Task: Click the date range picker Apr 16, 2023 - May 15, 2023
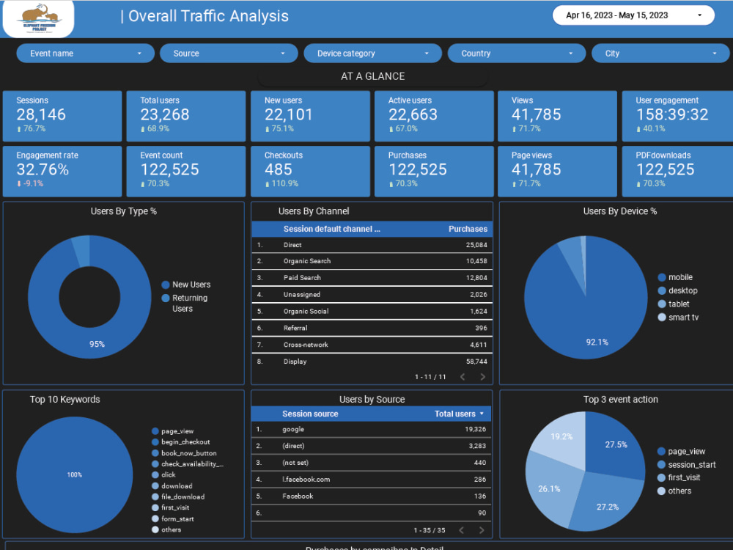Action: tap(633, 15)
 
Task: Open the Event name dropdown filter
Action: tap(85, 54)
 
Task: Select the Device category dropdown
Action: tap(372, 54)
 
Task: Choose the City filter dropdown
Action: tap(660, 54)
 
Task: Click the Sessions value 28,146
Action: tap(41, 114)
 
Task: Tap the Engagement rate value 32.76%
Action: tap(43, 169)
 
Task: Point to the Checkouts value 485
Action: tap(279, 169)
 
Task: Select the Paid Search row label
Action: tap(302, 278)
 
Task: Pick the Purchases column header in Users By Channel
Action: tap(468, 229)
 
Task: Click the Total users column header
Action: tap(455, 414)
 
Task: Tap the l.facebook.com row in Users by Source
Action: tap(306, 480)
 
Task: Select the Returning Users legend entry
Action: tap(189, 303)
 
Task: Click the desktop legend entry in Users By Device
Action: tap(682, 290)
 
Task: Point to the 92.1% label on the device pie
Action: tap(597, 342)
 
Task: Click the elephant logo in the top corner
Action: tap(38, 18)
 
